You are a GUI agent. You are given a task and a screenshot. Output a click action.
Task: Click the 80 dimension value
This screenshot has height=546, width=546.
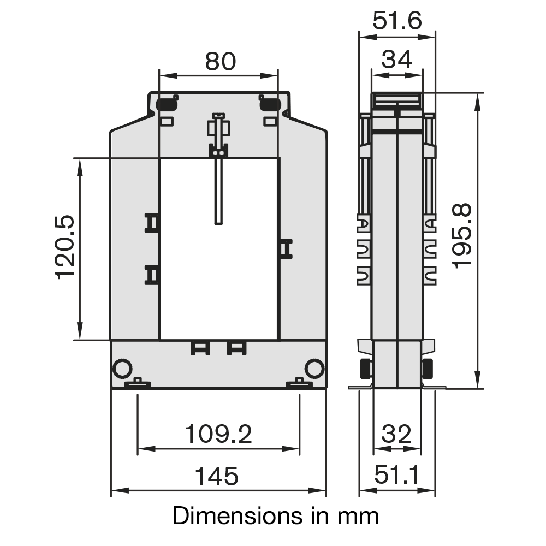[x=221, y=62]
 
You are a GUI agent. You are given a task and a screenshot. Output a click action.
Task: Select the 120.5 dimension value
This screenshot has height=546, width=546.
[x=65, y=247]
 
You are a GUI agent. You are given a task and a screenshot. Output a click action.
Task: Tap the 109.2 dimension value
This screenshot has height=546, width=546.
[x=218, y=434]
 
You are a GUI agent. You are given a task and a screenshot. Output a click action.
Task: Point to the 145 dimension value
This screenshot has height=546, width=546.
[x=217, y=476]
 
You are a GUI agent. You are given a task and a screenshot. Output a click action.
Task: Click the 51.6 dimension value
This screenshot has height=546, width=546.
[x=397, y=21]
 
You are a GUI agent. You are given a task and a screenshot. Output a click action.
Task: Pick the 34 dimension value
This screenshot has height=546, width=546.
[x=396, y=59]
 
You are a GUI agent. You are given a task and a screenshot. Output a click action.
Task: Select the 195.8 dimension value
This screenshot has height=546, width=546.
[x=462, y=236]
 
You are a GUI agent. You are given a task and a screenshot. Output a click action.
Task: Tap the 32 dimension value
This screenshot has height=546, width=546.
[x=396, y=434]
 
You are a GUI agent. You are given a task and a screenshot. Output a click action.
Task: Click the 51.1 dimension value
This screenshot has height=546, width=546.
[x=396, y=474]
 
